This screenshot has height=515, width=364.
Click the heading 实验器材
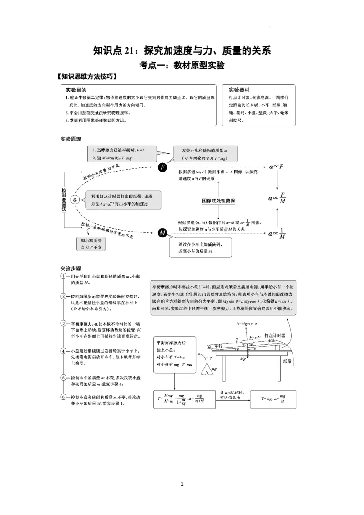[x=240, y=90]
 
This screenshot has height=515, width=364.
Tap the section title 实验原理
[x=71, y=139]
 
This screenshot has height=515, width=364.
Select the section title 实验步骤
[x=71, y=268]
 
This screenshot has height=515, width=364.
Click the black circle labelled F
[x=162, y=167]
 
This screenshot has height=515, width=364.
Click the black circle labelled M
[x=162, y=233]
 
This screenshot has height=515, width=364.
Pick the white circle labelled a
[x=76, y=199]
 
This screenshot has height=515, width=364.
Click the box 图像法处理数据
[x=219, y=200]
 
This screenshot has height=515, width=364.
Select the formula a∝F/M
[x=277, y=199]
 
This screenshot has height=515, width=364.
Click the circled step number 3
[x=64, y=323]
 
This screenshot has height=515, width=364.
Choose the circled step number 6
[x=64, y=397]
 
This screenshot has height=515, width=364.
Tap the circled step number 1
[x=64, y=277]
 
